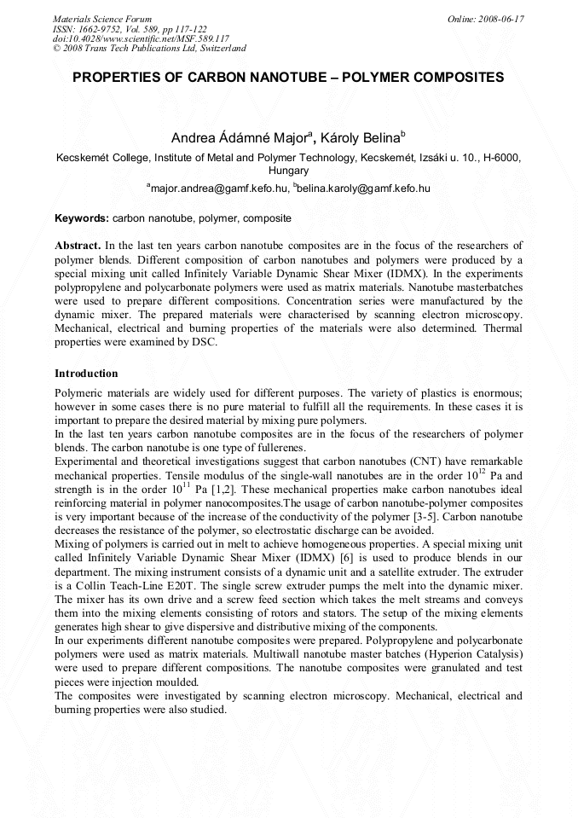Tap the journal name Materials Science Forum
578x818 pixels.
coord(102,19)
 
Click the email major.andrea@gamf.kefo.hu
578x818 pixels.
coord(218,188)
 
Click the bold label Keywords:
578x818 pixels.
coord(82,218)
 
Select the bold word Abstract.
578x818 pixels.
coord(78,245)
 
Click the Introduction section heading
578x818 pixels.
coord(86,374)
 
